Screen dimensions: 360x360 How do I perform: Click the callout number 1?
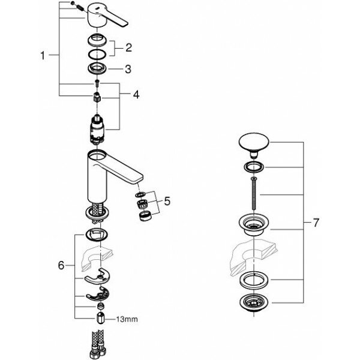[x=43, y=56]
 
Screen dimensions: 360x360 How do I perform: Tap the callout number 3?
[x=127, y=69]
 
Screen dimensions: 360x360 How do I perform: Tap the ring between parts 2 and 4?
[x=98, y=67]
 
